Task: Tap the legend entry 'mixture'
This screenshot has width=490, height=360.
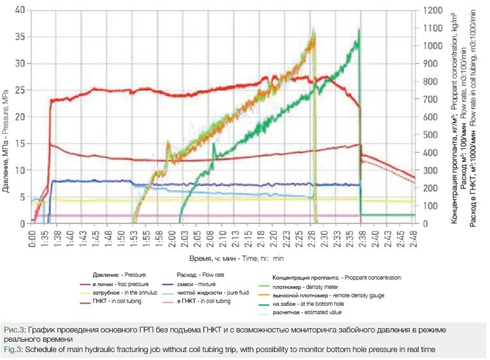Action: (199, 284)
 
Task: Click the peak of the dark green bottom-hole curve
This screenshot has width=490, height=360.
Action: (359, 30)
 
